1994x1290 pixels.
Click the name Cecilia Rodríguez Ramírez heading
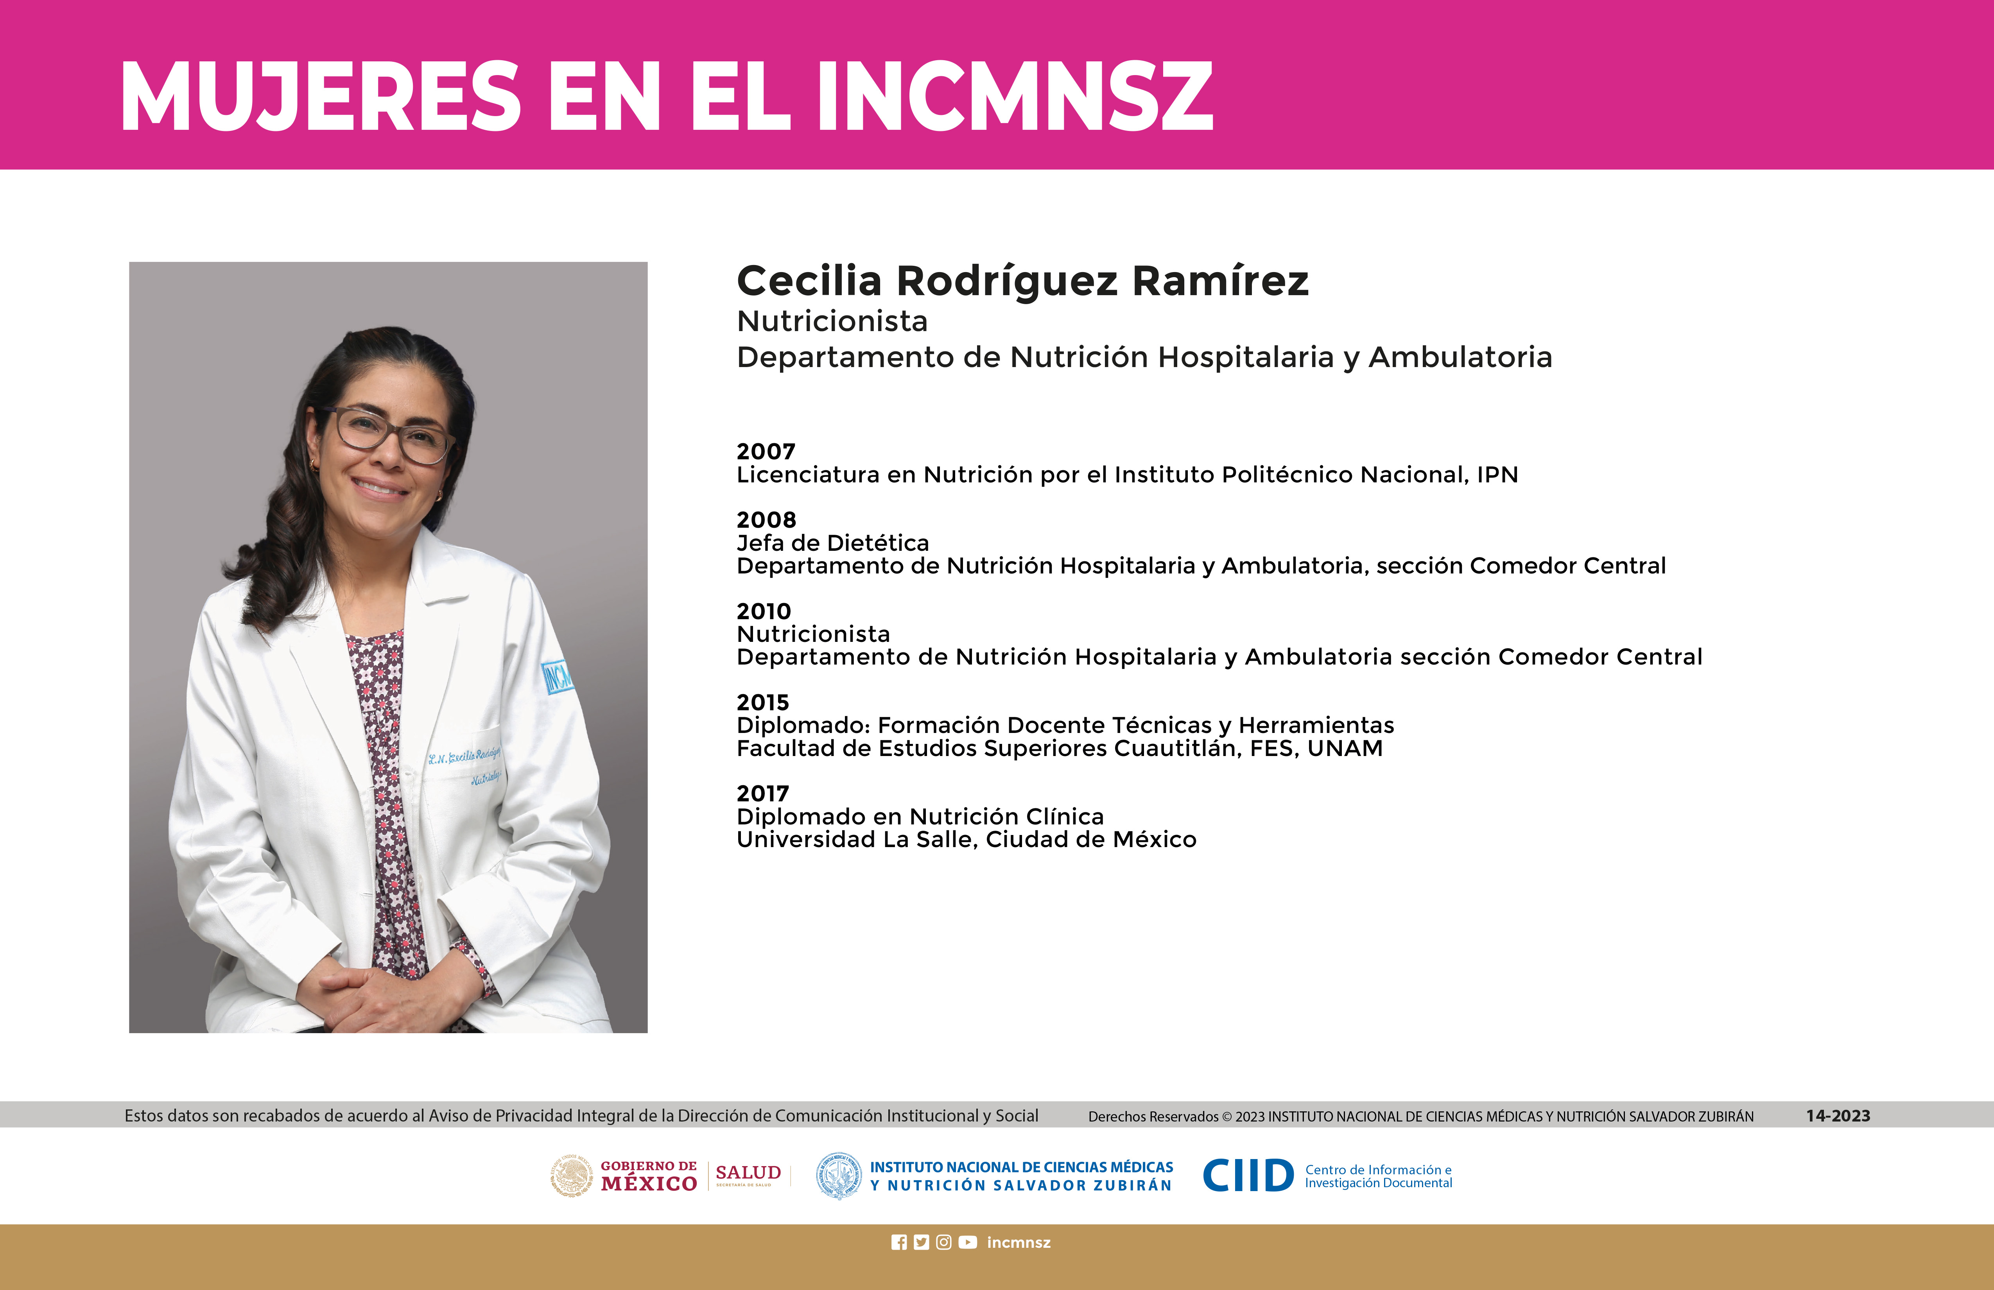tap(1022, 281)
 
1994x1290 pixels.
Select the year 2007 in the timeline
tap(766, 451)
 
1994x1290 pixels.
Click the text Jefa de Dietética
tap(833, 543)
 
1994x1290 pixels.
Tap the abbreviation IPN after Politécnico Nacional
tap(1497, 475)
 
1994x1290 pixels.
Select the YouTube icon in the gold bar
tap(968, 1242)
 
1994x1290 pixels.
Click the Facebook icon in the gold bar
tap(899, 1242)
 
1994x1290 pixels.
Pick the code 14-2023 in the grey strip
tap(1838, 1116)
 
